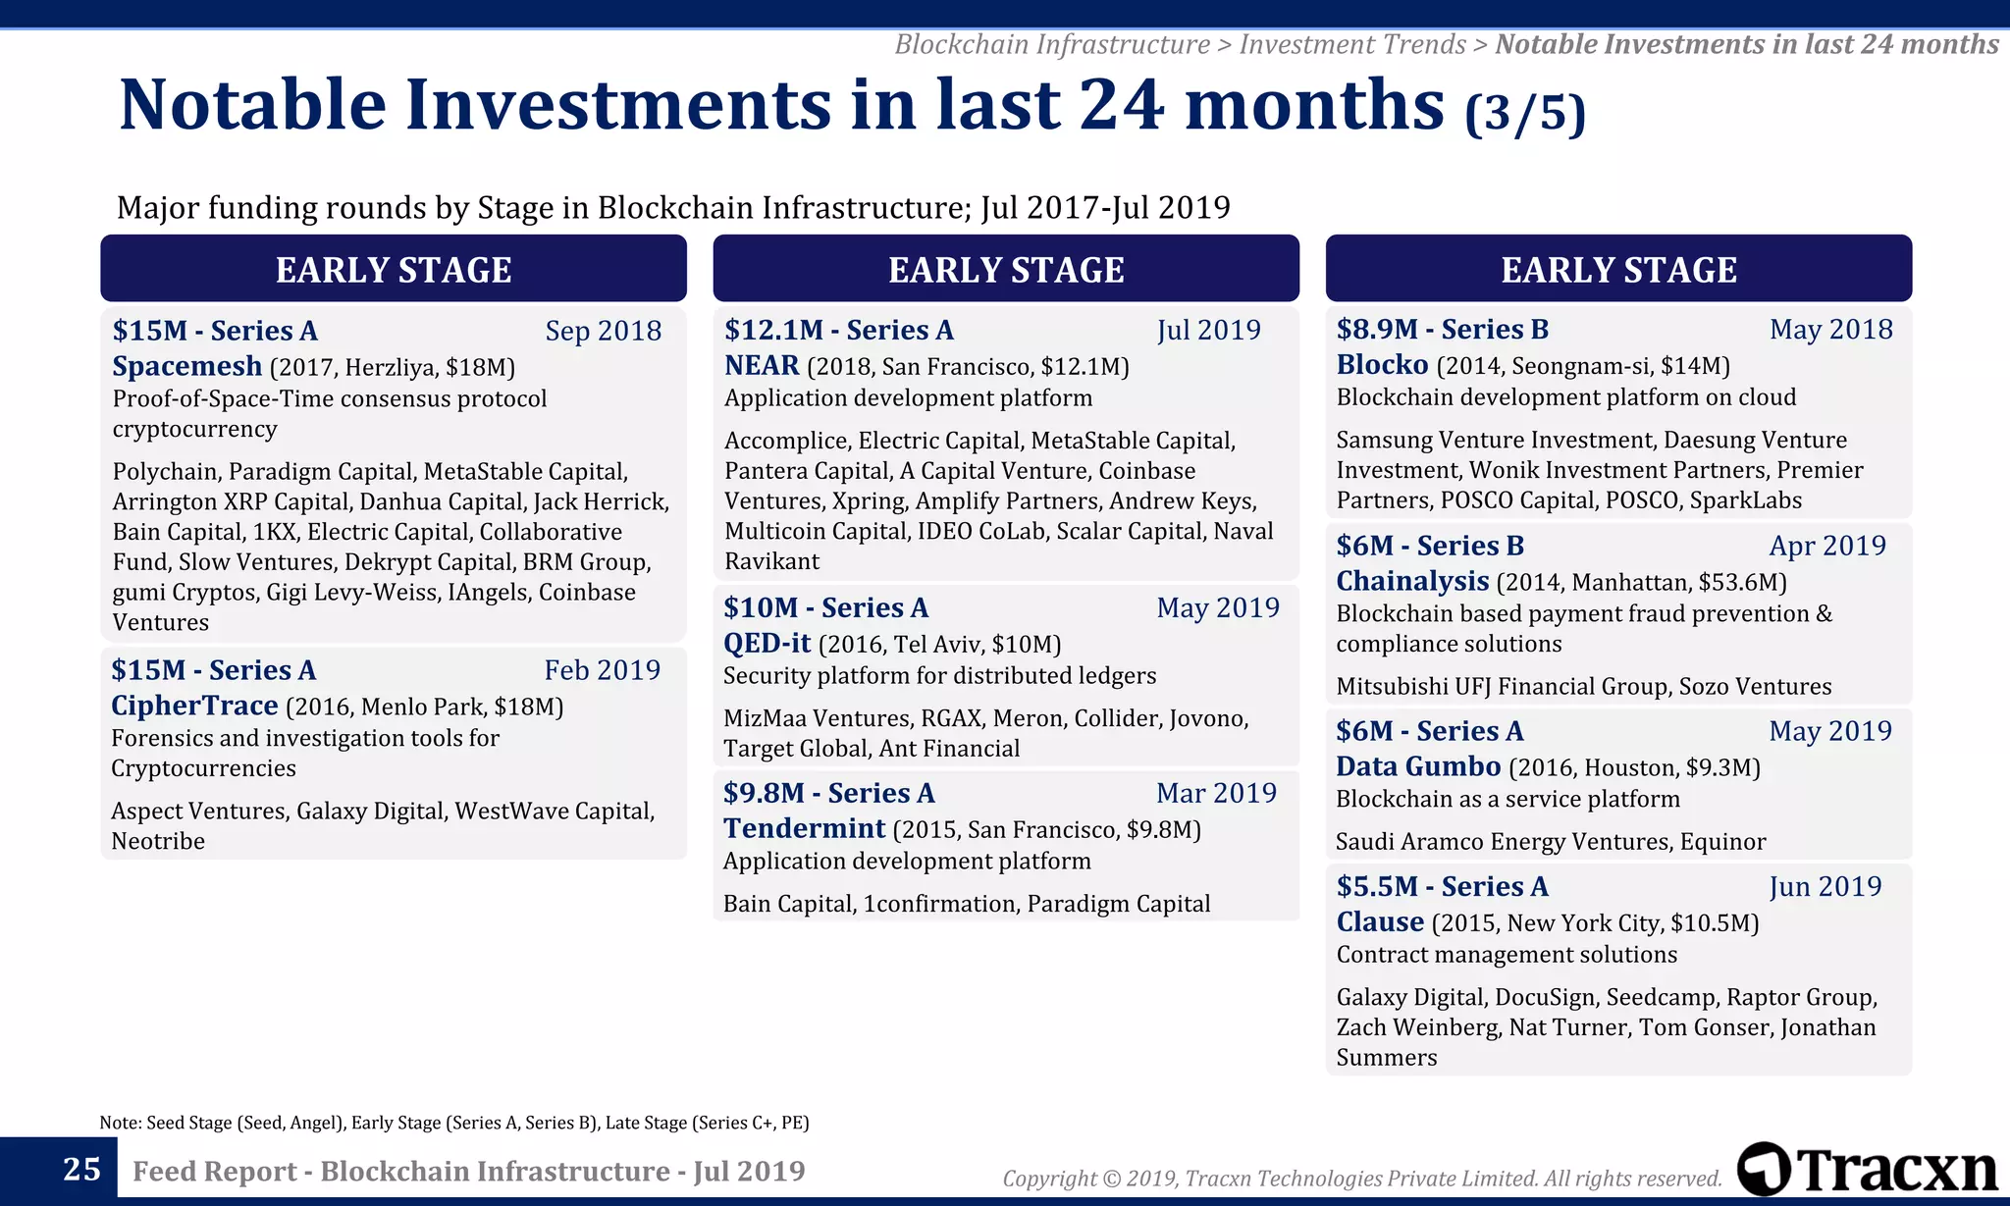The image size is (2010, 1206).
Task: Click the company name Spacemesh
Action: (186, 366)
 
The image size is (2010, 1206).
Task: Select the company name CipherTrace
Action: (194, 706)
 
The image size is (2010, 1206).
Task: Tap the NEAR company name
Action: (762, 365)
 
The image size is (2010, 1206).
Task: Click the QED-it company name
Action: (767, 643)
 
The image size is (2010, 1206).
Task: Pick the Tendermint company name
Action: (804, 828)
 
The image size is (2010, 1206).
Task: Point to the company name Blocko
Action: (1382, 364)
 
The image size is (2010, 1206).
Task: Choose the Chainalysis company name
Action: (1412, 581)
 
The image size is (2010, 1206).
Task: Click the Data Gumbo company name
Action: (1418, 766)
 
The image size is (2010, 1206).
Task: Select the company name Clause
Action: (1380, 921)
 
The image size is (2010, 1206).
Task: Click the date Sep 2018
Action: (603, 331)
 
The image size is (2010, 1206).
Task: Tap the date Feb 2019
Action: (602, 670)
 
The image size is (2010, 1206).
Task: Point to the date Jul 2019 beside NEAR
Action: (1208, 330)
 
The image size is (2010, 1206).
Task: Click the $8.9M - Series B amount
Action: (1442, 329)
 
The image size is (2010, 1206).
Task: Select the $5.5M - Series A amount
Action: (1442, 886)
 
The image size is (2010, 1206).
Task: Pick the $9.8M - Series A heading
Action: (828, 793)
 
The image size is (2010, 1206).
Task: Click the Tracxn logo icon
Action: (1764, 1169)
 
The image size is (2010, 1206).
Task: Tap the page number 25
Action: (81, 1170)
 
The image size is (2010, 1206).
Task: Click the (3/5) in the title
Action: (1524, 113)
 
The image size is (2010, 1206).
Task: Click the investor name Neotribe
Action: (158, 841)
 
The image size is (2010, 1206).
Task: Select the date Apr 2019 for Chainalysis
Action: (1826, 546)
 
